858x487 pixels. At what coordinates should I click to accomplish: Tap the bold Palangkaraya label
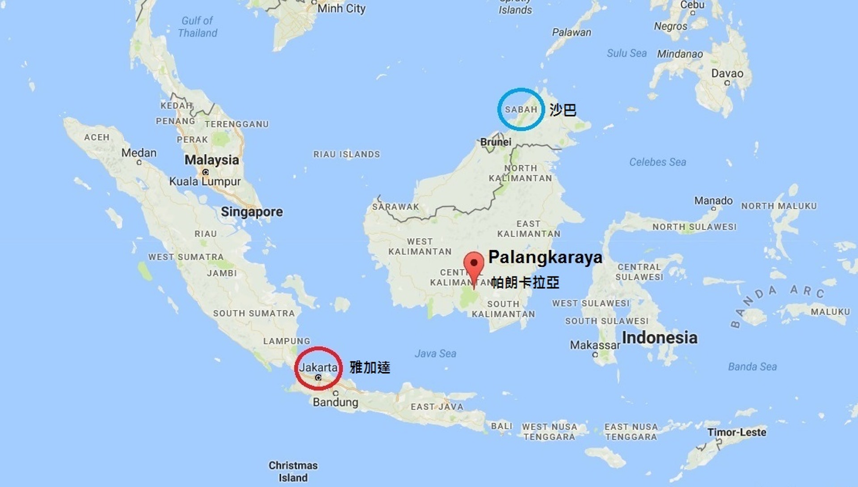click(x=545, y=257)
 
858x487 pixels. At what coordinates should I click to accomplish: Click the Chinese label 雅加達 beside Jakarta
click(x=370, y=368)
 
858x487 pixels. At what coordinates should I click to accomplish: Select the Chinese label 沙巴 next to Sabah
click(x=563, y=110)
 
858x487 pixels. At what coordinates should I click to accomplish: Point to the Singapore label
click(x=252, y=212)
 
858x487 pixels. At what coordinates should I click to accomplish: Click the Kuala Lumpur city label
click(x=205, y=181)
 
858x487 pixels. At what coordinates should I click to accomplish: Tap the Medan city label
click(x=139, y=153)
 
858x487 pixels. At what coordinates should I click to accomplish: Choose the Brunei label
click(x=496, y=142)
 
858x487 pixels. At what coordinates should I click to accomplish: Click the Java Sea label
click(x=435, y=354)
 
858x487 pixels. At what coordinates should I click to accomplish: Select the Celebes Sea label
click(x=657, y=162)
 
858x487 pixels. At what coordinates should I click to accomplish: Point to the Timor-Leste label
click(x=736, y=432)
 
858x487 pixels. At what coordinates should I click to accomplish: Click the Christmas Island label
click(x=293, y=471)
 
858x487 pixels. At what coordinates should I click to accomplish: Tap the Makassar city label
click(x=595, y=345)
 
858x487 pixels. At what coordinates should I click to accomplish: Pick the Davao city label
click(x=727, y=74)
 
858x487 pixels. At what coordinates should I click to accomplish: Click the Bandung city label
click(x=335, y=402)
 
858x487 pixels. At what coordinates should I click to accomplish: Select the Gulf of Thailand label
click(x=198, y=27)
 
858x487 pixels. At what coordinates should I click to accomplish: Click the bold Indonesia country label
click(x=660, y=338)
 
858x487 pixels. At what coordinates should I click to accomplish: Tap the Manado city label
click(x=713, y=201)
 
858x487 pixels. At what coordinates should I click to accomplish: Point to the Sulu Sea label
click(x=627, y=54)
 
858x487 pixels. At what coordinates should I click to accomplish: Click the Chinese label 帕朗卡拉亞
click(x=525, y=282)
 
